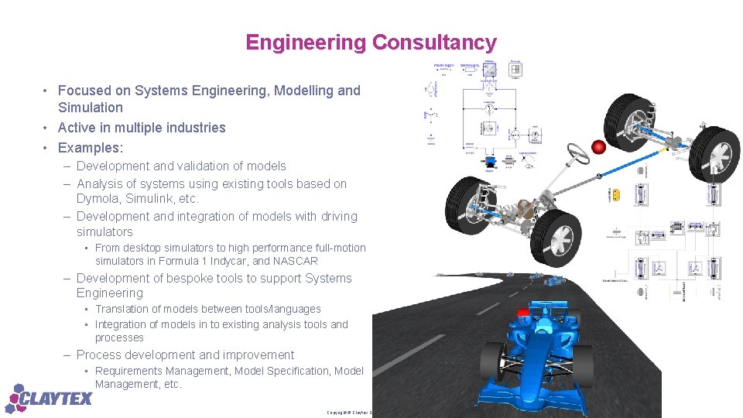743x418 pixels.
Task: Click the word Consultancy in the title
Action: (x=434, y=43)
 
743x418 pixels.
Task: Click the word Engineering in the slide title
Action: (x=306, y=43)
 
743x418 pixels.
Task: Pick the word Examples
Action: (x=89, y=147)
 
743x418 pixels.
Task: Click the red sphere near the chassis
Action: (x=598, y=147)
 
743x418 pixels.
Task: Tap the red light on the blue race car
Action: (x=524, y=312)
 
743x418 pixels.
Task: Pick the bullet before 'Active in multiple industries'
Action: (x=46, y=128)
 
